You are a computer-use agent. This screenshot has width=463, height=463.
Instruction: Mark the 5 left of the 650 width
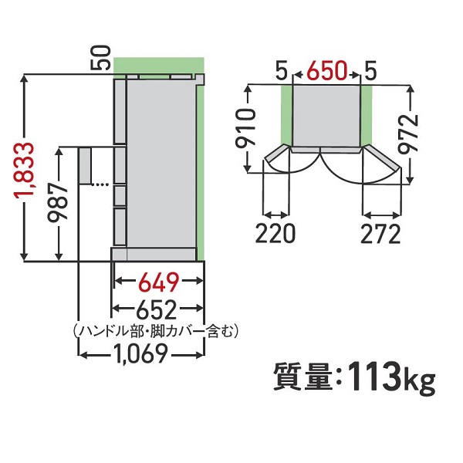(x=280, y=73)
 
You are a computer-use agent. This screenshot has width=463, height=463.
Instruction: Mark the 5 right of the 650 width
(x=370, y=73)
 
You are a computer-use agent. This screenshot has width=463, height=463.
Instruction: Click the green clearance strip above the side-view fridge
(x=158, y=65)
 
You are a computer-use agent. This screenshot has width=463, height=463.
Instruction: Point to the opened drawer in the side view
(x=84, y=167)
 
